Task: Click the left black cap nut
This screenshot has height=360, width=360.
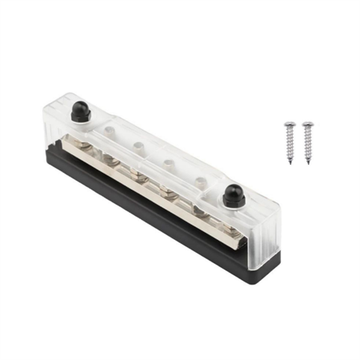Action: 81,111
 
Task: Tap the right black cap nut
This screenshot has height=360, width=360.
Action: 233,194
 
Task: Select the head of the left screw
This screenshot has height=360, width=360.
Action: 290,126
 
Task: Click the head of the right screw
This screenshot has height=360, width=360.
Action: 308,126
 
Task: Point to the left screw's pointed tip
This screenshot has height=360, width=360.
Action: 292,162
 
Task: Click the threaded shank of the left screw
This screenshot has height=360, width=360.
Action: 290,146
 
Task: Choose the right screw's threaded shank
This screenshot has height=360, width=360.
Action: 309,146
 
